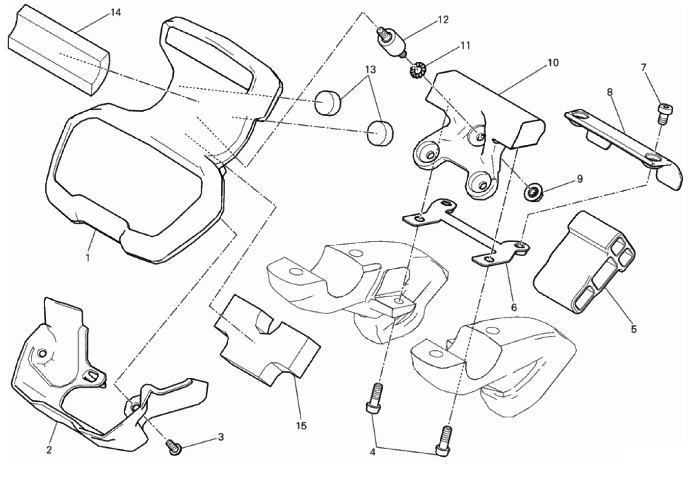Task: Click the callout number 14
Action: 115,13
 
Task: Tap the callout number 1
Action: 88,258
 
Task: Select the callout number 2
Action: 49,450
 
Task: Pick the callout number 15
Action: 302,426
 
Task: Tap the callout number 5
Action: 634,329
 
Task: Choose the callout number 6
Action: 514,307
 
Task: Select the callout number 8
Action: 609,92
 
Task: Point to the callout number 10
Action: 553,63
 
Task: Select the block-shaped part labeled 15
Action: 265,342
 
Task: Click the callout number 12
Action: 443,20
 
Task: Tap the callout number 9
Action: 579,179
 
